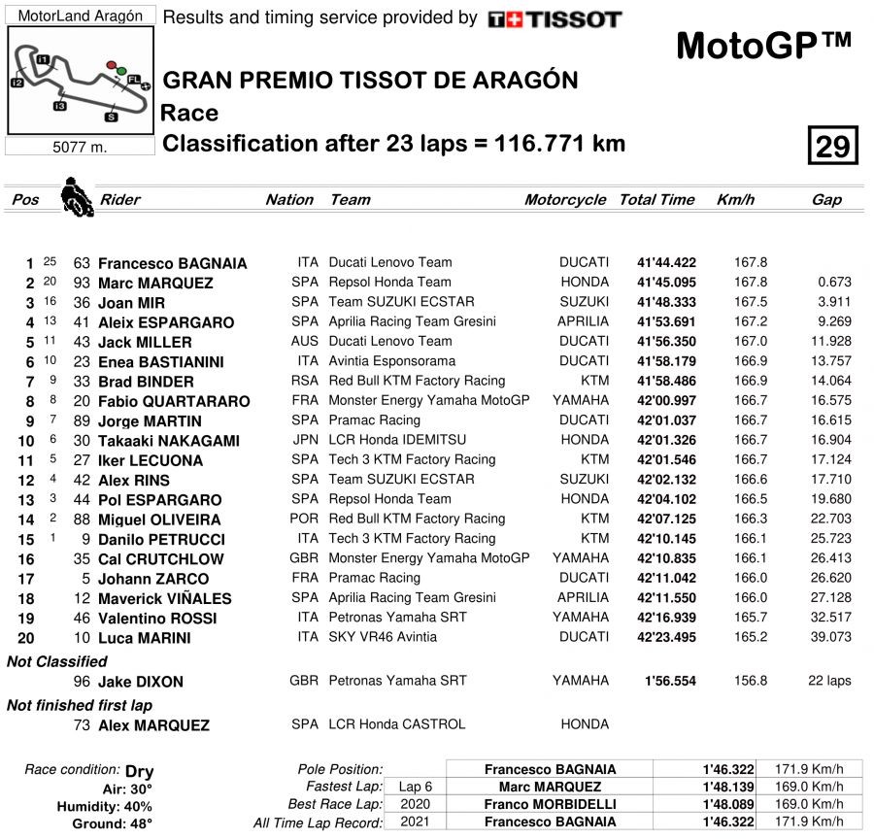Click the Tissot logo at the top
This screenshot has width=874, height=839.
[555, 19]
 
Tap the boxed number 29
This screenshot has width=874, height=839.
[832, 147]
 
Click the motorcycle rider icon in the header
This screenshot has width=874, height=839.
[73, 196]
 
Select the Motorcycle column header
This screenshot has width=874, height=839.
[565, 200]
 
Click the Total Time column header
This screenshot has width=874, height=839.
[656, 200]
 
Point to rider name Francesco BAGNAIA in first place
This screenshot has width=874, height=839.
[173, 263]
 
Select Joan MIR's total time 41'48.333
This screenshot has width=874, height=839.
[666, 302]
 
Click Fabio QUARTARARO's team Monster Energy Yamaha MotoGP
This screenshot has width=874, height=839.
[429, 401]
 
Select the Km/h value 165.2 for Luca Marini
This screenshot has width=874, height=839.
[751, 638]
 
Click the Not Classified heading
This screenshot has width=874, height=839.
[57, 661]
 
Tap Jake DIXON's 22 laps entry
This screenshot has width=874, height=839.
[829, 681]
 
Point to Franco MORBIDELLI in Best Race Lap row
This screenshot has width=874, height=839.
[550, 804]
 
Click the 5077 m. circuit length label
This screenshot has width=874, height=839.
[80, 148]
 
